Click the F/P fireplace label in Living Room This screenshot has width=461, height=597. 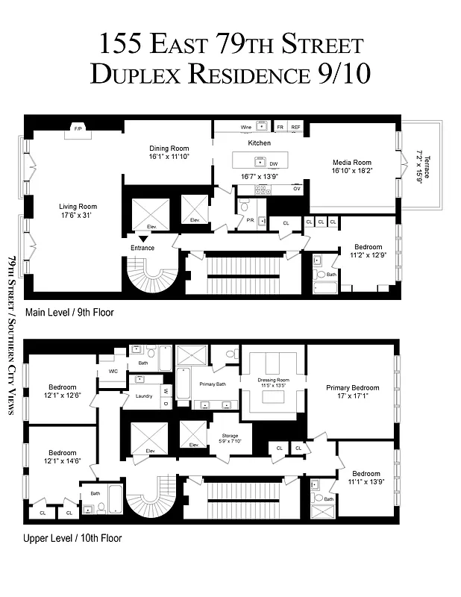tap(77, 128)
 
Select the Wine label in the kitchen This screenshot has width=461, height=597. tap(245, 128)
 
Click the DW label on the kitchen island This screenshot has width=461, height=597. tap(274, 163)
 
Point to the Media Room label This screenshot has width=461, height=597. tap(351, 162)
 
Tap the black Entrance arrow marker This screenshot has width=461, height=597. tap(142, 238)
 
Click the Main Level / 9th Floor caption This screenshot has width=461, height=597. tap(69, 313)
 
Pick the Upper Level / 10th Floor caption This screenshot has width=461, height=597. tap(73, 537)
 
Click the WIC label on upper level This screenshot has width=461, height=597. tap(113, 371)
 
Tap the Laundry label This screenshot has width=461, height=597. tap(144, 396)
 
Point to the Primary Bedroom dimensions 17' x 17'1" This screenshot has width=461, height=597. tap(352, 396)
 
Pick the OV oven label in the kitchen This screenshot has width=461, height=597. tap(296, 189)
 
